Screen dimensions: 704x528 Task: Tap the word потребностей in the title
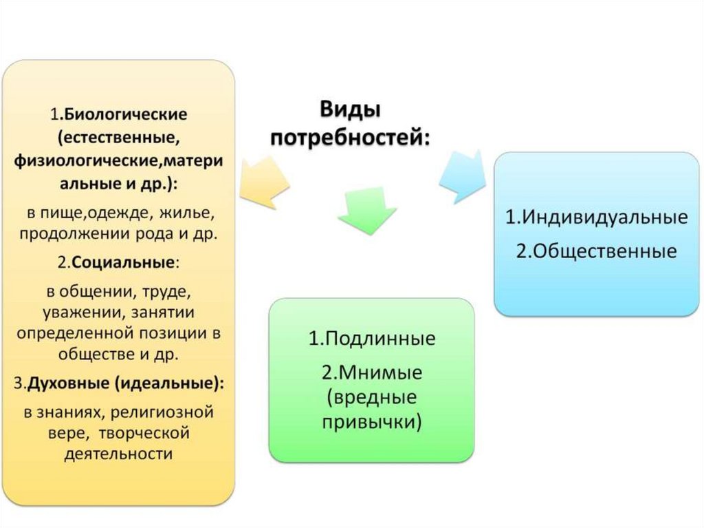350,137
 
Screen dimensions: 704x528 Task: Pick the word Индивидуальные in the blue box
605,218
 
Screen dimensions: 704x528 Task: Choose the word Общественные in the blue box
605,251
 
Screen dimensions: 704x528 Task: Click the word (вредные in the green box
371,397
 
